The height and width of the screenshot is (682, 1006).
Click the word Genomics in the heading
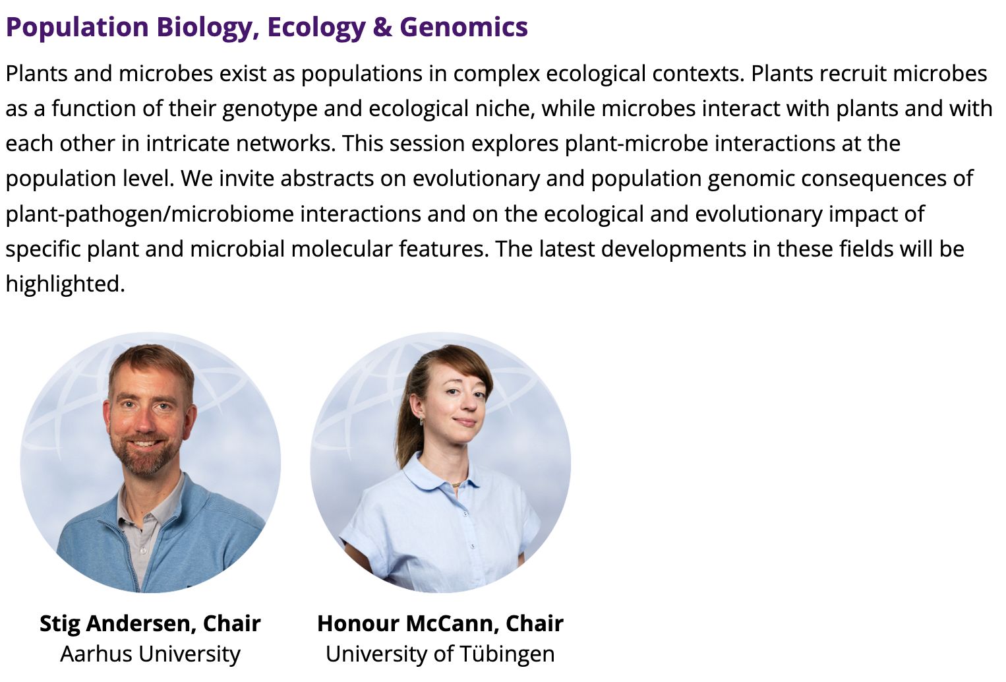click(463, 27)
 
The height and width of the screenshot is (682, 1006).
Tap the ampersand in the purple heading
click(382, 27)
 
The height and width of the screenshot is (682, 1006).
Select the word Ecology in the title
click(316, 28)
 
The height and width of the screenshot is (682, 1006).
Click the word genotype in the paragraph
click(270, 109)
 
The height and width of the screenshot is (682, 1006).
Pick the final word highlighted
click(65, 284)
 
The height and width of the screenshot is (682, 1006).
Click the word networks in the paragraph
click(286, 144)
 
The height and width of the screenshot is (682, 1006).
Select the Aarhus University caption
click(150, 654)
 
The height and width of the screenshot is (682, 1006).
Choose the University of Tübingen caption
click(440, 654)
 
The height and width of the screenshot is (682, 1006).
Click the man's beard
click(144, 454)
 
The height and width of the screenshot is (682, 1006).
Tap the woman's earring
click(422, 421)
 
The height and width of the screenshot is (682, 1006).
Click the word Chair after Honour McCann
click(535, 623)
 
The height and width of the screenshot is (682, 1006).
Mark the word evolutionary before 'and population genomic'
click(476, 179)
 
